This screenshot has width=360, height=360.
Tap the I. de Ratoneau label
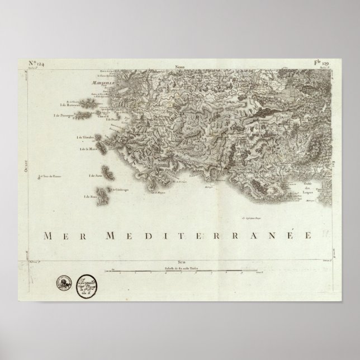tap(71, 104)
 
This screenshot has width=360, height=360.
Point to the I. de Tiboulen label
tap(86, 138)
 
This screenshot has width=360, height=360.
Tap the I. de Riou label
tap(90, 196)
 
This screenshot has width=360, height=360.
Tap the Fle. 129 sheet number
tap(323, 64)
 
